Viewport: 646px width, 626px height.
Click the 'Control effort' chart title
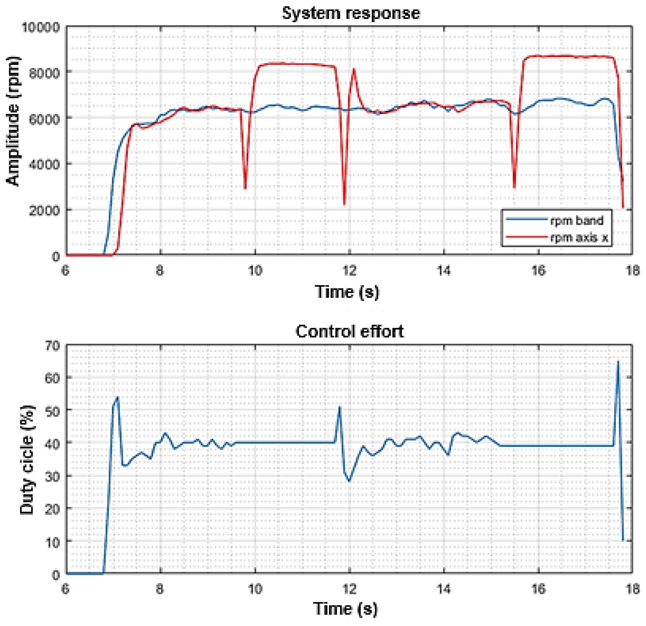tap(349, 331)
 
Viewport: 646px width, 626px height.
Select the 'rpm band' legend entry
tap(576, 220)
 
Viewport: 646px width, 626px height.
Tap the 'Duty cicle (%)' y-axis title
tap(27, 460)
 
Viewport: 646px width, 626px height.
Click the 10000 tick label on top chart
tap(41, 27)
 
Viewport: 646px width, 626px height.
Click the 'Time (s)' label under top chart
tap(347, 291)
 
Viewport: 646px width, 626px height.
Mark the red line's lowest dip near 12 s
tap(344, 204)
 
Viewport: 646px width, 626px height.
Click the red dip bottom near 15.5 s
tap(514, 187)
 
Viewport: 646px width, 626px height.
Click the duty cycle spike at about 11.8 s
tap(340, 407)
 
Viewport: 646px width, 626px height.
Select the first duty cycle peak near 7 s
tap(117, 398)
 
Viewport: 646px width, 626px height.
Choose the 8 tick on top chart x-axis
tap(160, 271)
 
